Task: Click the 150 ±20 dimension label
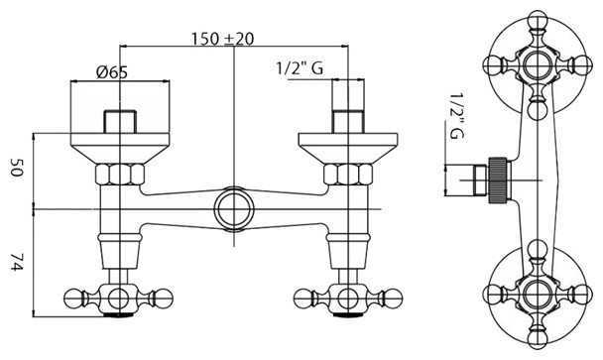[223, 39]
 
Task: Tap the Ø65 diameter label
[111, 72]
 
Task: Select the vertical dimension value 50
[17, 168]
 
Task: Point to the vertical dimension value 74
[17, 262]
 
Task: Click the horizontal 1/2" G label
[300, 68]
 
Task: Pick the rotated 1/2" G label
[457, 115]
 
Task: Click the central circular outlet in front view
[234, 209]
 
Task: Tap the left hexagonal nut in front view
[120, 175]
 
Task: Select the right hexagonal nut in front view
[348, 175]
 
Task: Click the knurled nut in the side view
[499, 180]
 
